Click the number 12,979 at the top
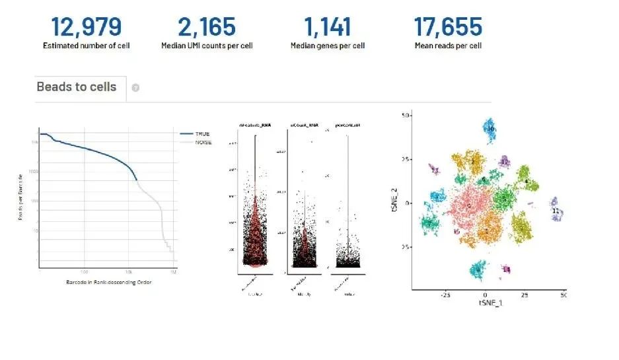[x=86, y=27]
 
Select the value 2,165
[x=206, y=27]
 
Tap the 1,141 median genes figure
[x=328, y=27]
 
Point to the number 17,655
[x=448, y=27]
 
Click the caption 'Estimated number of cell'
[x=86, y=46]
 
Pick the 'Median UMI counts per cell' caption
[x=207, y=46]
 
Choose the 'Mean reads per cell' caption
[x=448, y=46]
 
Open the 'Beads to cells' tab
[x=77, y=87]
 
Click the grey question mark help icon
[x=135, y=88]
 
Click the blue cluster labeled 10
[x=490, y=131]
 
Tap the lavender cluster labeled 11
[x=556, y=210]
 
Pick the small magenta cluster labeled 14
[x=506, y=269]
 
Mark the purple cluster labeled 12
[x=505, y=162]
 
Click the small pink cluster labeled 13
[x=435, y=170]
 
